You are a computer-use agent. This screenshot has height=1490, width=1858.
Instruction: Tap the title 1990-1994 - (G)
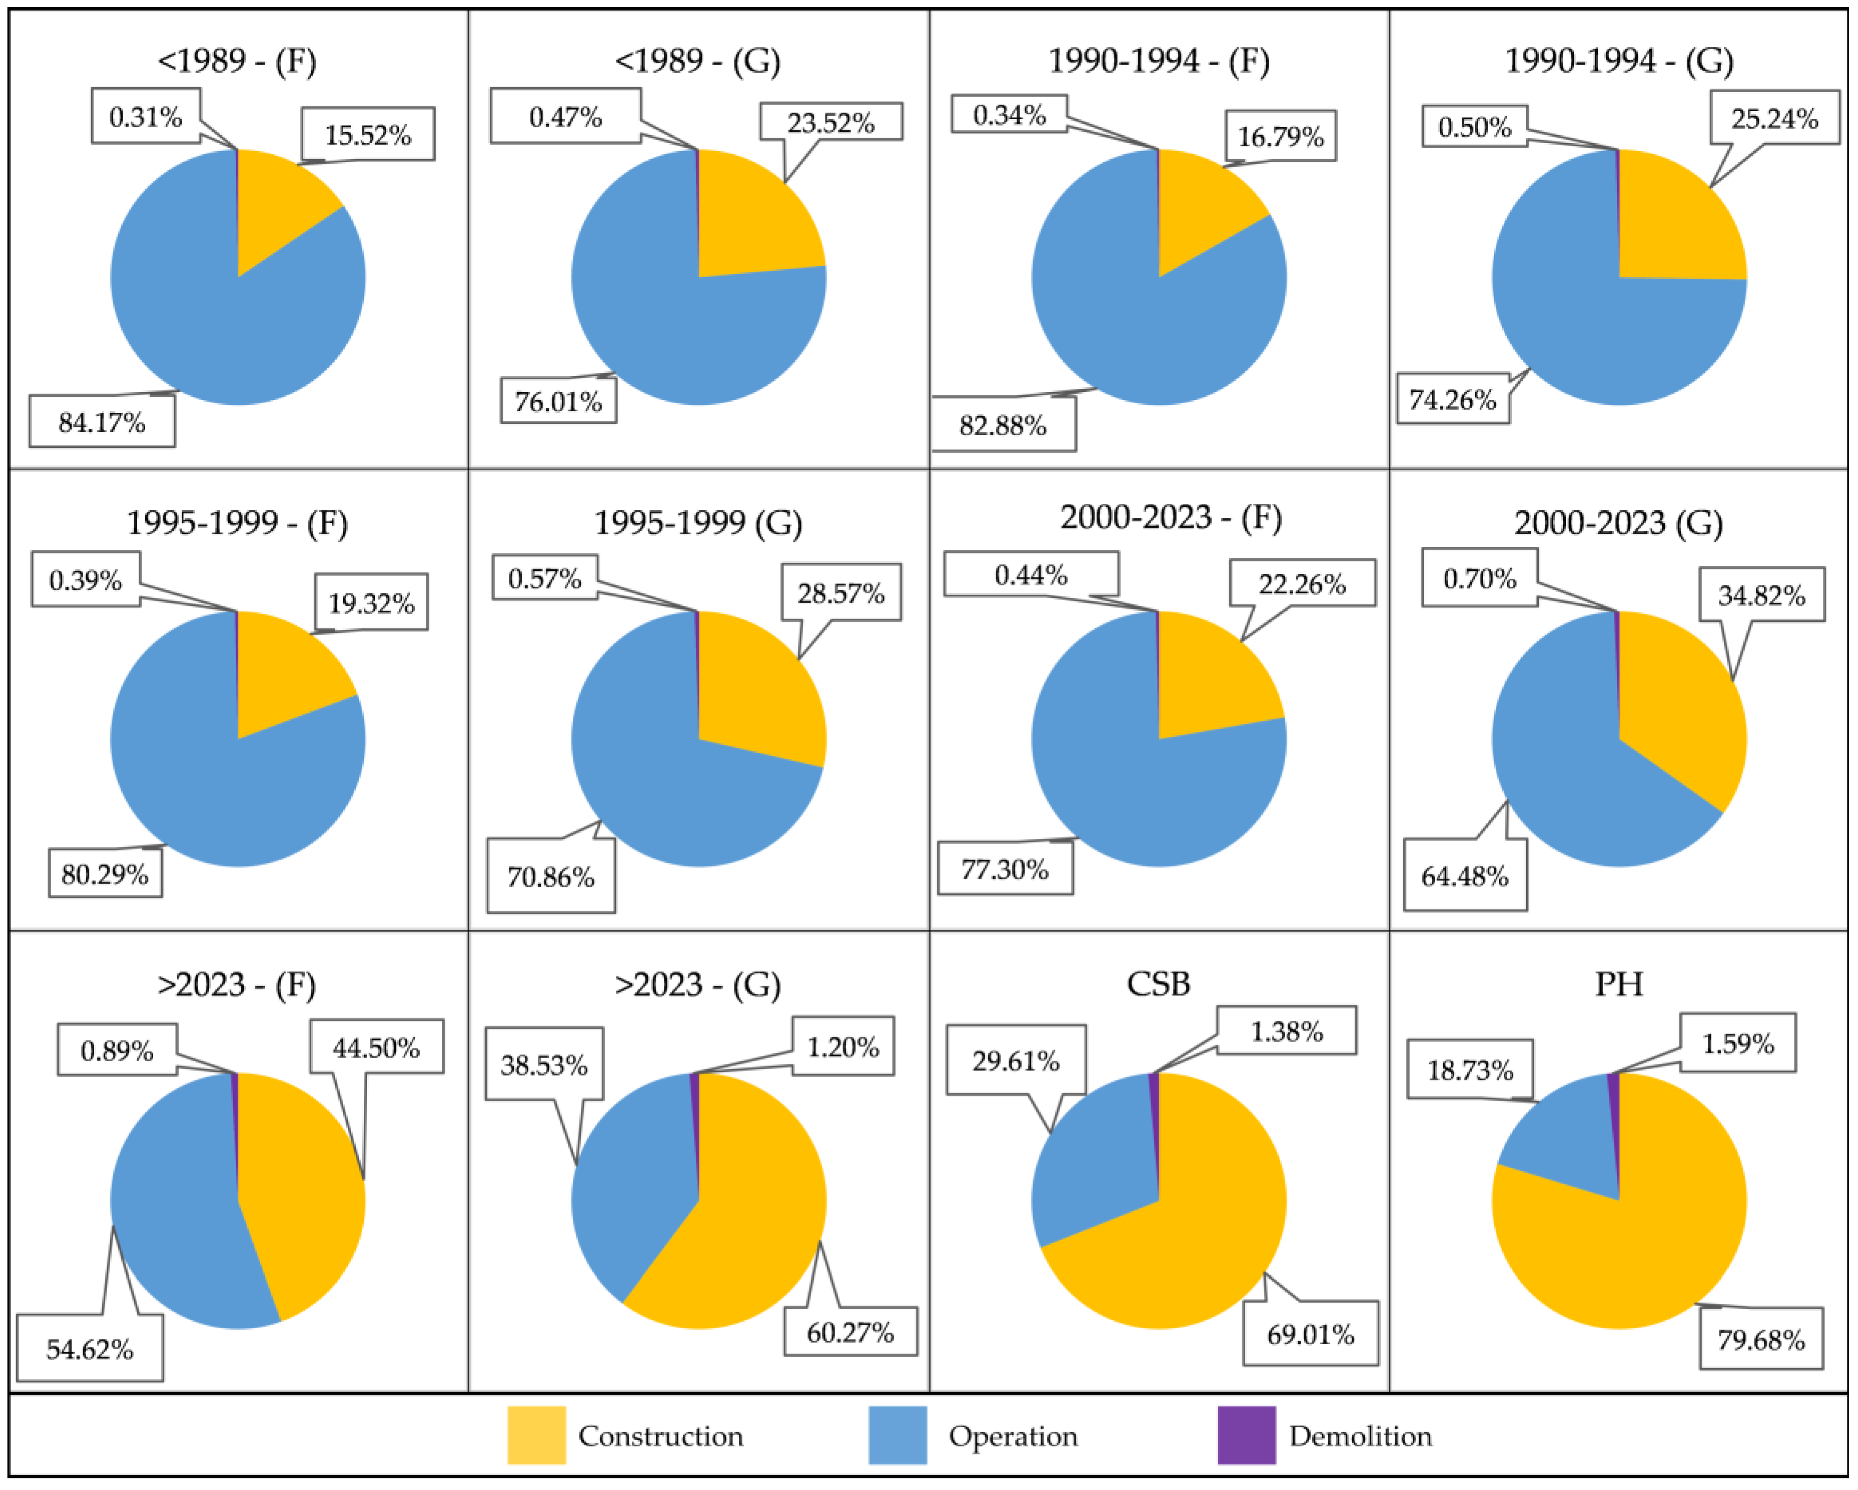point(1619,60)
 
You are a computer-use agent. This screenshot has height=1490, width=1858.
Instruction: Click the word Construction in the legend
point(660,1436)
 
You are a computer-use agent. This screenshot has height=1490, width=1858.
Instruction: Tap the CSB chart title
point(1158,983)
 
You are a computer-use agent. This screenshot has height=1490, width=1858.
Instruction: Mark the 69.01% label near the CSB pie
point(1310,1335)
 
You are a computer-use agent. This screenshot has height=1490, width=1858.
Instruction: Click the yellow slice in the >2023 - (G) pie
point(750,1223)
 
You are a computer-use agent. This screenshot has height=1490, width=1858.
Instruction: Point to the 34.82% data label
point(1762,595)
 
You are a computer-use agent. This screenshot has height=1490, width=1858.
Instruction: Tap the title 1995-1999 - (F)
point(237,522)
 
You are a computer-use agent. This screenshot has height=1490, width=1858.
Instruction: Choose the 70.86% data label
point(551,877)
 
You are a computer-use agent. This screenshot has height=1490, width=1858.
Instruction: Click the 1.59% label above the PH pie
point(1737,1044)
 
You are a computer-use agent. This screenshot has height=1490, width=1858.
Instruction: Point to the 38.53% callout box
point(544,1064)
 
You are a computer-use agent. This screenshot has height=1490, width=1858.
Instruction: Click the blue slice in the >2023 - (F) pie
point(172,1223)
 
